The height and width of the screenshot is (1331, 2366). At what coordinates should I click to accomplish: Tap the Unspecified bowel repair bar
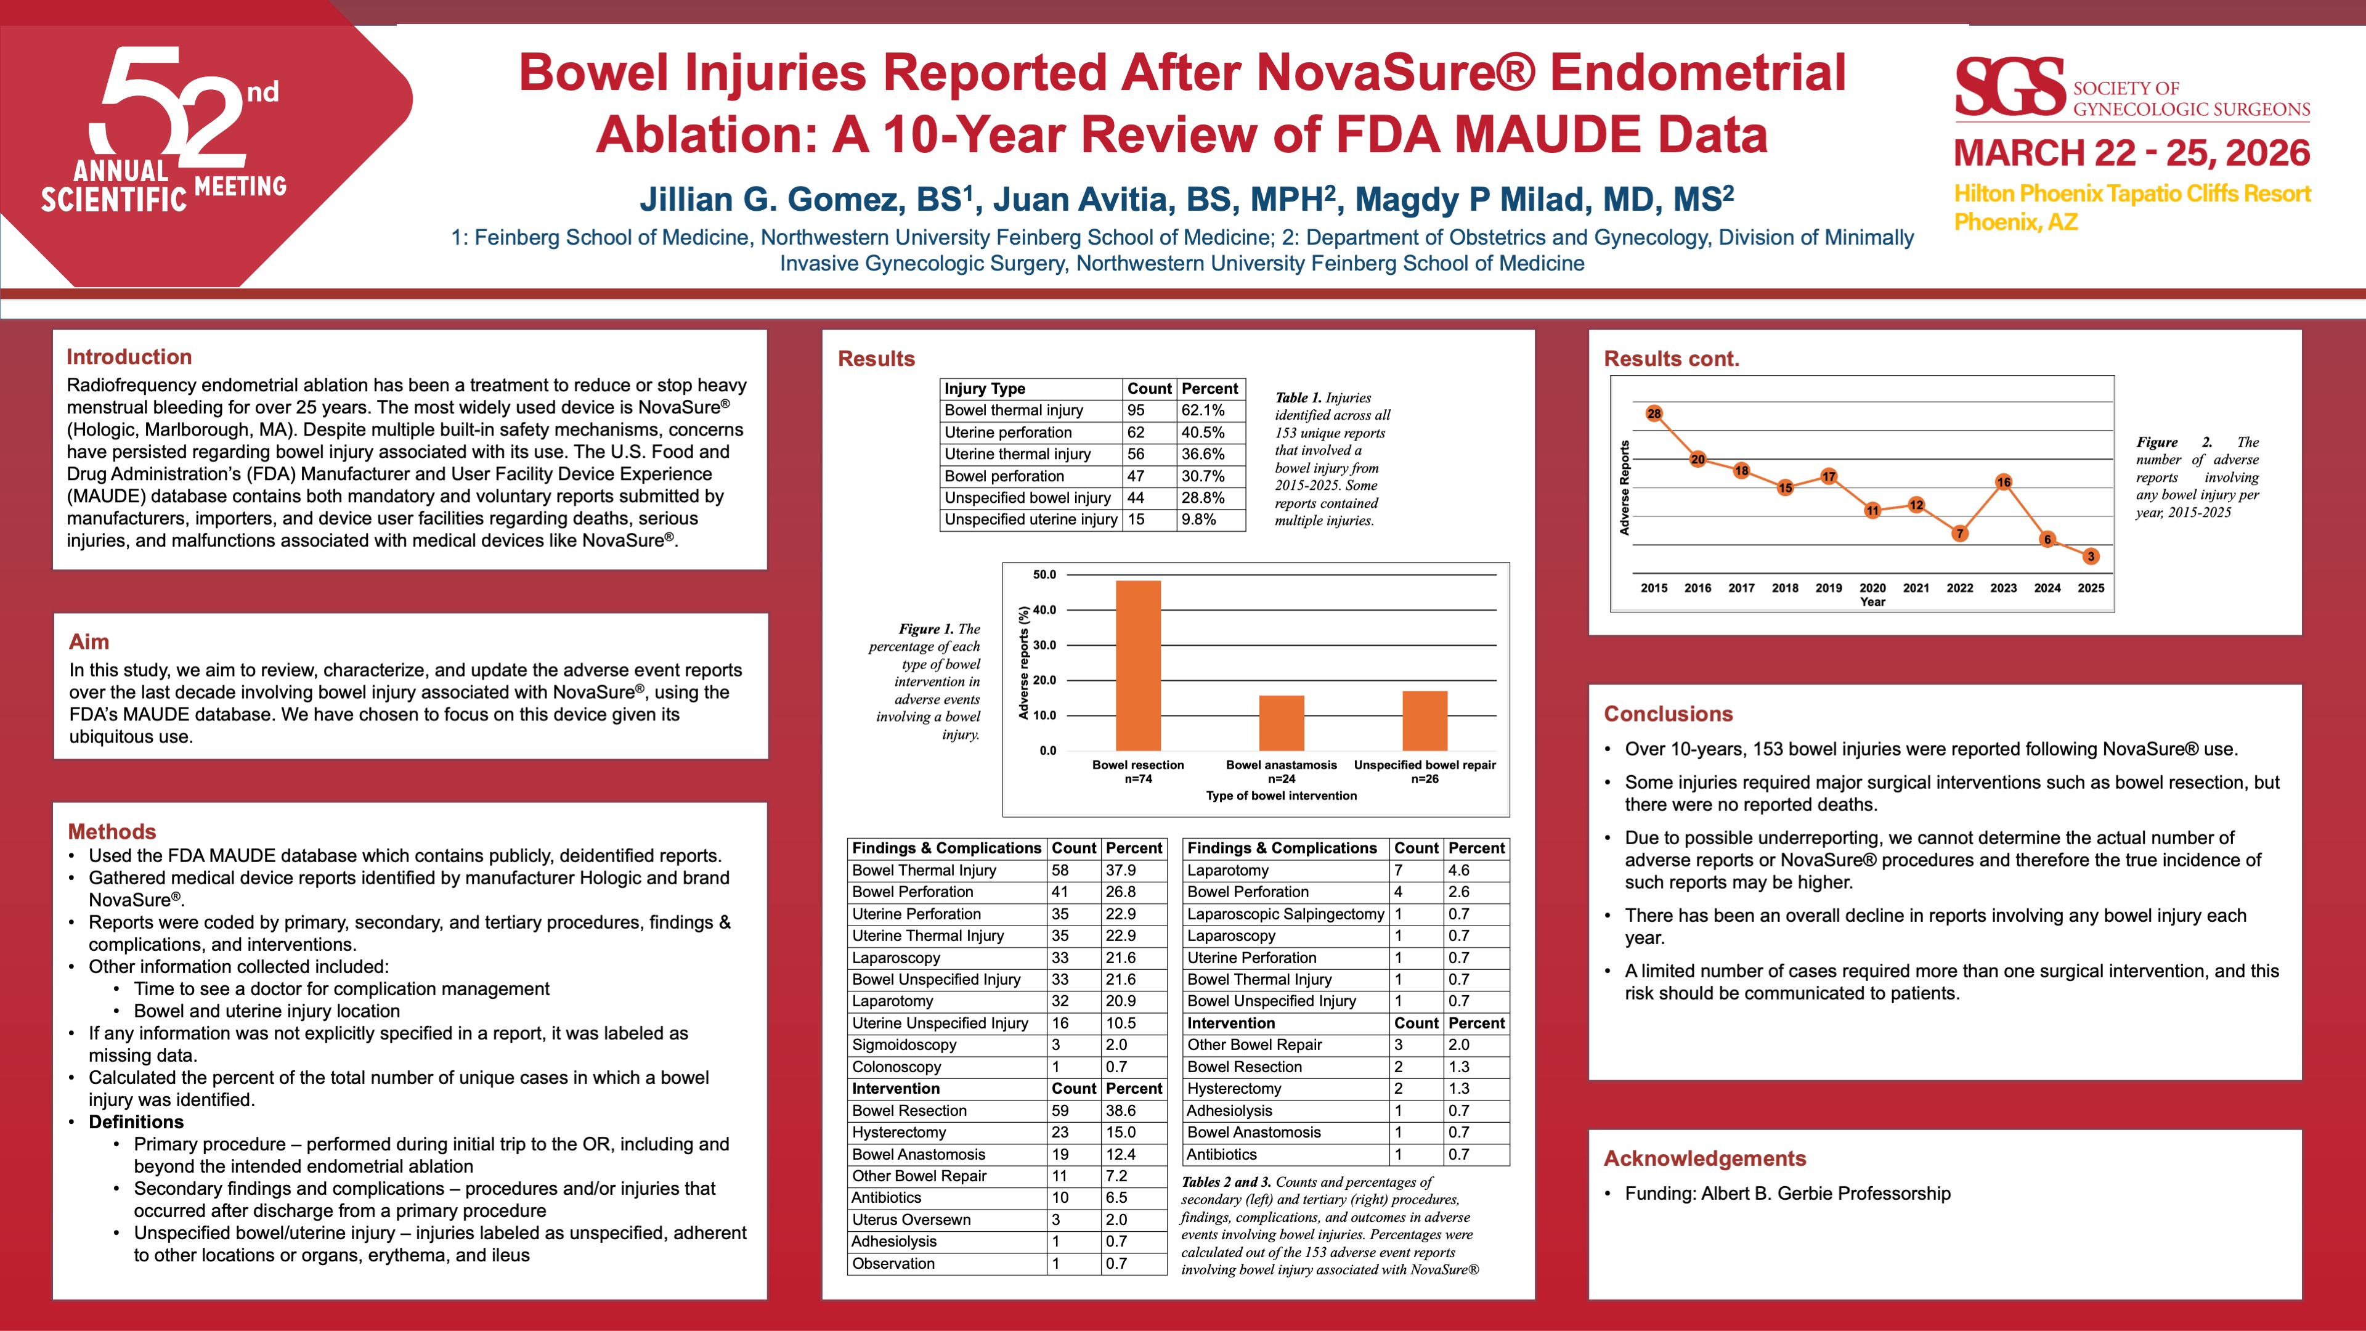point(1425,720)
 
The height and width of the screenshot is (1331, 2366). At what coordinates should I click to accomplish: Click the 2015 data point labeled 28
point(1654,413)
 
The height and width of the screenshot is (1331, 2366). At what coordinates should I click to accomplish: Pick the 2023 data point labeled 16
point(2003,481)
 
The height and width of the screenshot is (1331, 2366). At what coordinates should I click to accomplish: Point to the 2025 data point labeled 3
point(2091,556)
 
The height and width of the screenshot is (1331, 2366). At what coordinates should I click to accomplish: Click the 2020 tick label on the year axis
point(1872,588)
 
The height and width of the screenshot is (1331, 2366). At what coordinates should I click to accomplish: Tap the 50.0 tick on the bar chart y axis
point(1044,575)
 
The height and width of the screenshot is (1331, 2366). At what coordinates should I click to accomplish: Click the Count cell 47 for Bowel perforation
point(1136,476)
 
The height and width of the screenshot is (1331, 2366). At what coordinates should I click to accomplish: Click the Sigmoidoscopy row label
point(904,1044)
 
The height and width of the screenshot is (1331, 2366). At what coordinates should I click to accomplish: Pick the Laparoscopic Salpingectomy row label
point(1285,914)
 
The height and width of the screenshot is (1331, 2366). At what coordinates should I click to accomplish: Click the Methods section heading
point(112,831)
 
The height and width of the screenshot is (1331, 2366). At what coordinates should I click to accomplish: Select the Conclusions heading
point(1668,714)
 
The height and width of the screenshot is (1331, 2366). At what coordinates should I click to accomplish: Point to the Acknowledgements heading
point(1705,1158)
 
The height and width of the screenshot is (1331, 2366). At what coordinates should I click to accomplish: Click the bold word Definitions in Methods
point(136,1121)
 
